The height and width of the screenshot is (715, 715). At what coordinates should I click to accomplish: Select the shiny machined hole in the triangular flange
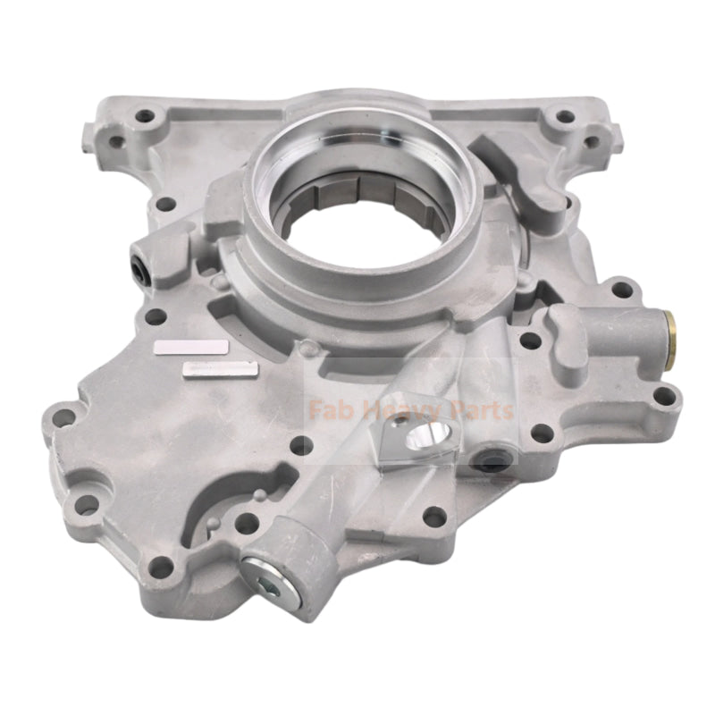421,438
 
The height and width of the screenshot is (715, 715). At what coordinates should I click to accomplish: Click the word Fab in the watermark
325,411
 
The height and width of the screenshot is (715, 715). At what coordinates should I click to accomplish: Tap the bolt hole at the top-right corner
563,116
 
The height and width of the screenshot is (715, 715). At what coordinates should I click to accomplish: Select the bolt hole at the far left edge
61,416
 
